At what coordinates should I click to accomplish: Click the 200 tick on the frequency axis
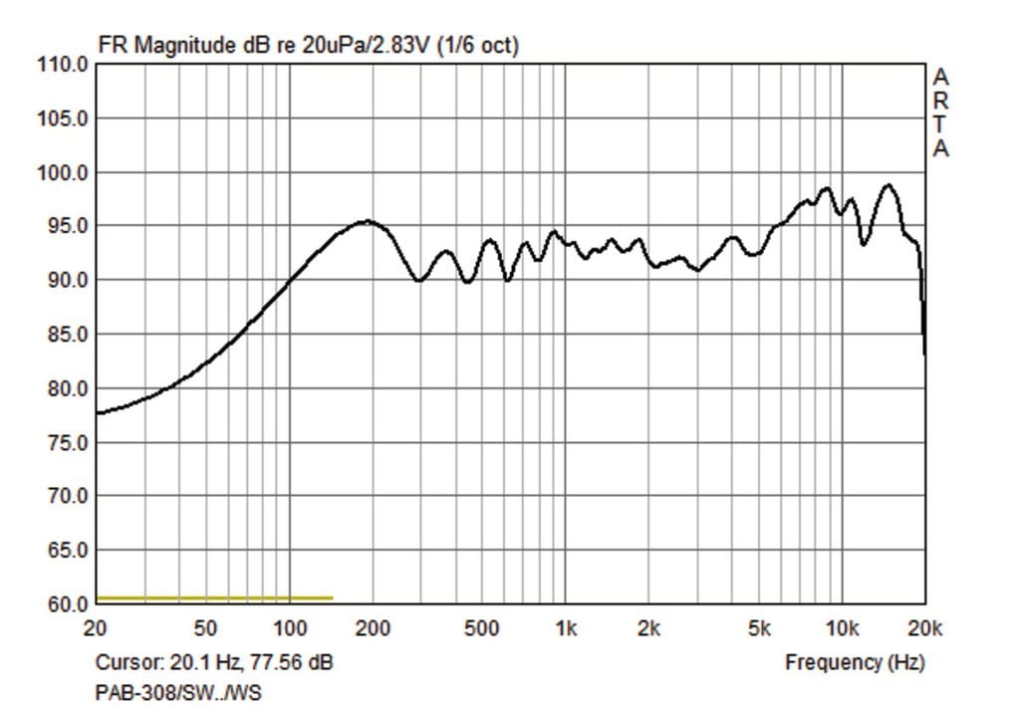click(374, 628)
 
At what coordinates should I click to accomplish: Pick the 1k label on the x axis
click(566, 628)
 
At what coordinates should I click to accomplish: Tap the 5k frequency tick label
click(759, 628)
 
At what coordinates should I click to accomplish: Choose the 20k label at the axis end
click(924, 628)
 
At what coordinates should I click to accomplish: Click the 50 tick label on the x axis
click(205, 628)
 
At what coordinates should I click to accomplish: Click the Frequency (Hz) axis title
click(855, 661)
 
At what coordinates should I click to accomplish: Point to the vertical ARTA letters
click(940, 113)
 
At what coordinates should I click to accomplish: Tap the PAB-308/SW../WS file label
click(178, 692)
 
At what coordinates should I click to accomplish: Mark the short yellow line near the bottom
click(214, 597)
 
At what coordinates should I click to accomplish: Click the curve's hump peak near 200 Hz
click(367, 221)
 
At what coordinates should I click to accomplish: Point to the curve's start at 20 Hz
click(97, 413)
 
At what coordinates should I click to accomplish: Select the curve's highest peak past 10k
click(888, 184)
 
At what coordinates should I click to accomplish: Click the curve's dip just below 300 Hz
click(419, 281)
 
